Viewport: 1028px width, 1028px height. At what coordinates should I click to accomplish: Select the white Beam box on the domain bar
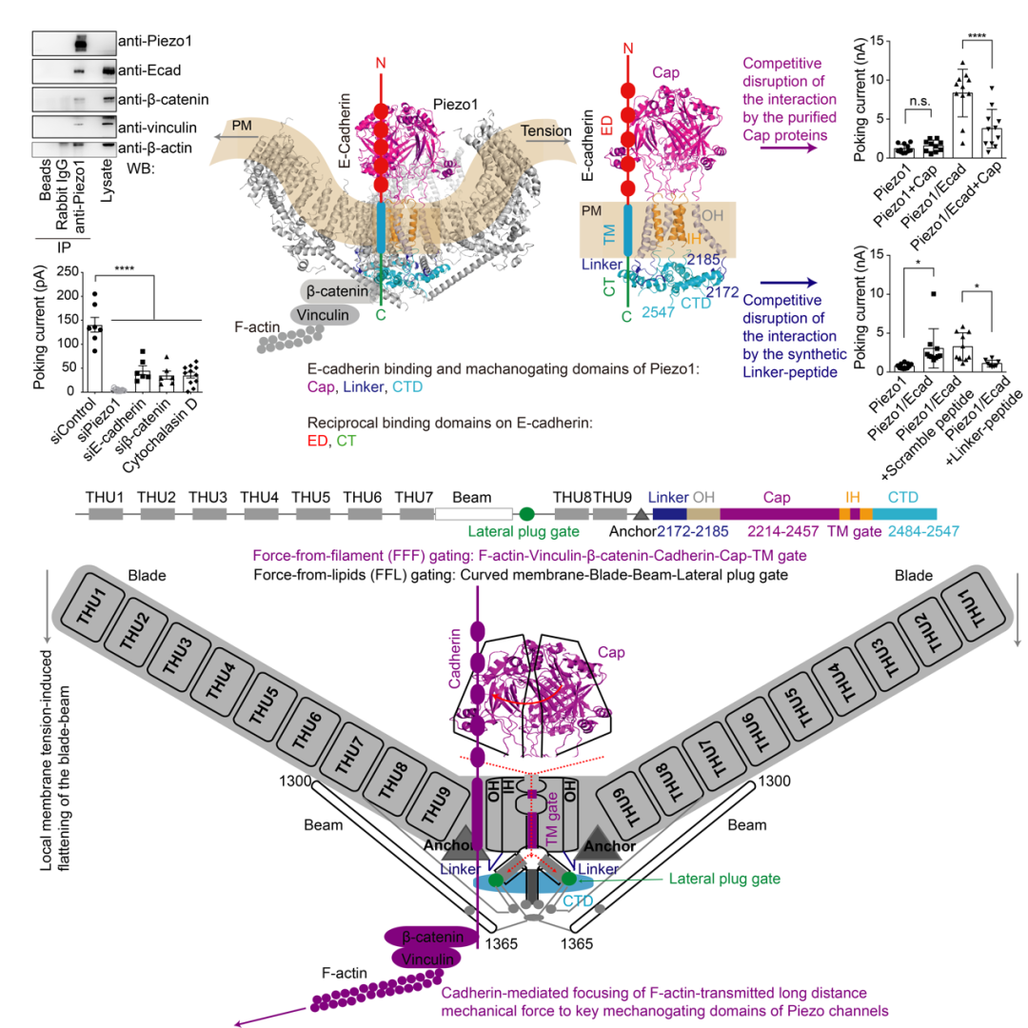(x=474, y=513)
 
